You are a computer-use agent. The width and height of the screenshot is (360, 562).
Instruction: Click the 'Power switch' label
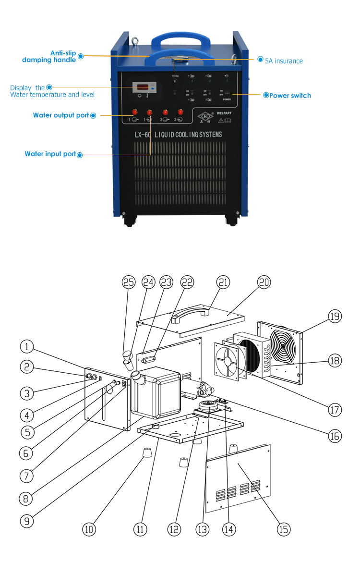(x=290, y=96)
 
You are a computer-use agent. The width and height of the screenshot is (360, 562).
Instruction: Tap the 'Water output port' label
(x=61, y=115)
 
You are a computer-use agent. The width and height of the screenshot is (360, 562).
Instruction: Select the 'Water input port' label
(x=50, y=154)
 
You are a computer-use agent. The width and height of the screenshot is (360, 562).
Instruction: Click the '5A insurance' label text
(x=284, y=61)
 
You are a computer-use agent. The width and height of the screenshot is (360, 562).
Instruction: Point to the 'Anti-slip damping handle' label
(x=49, y=56)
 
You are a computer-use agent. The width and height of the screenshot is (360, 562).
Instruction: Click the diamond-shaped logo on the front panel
(x=204, y=117)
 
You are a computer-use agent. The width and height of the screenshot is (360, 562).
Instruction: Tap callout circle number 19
(x=334, y=316)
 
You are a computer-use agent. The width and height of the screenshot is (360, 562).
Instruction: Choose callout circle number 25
(x=128, y=283)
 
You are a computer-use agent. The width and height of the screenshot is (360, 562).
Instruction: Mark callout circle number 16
(x=334, y=436)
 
